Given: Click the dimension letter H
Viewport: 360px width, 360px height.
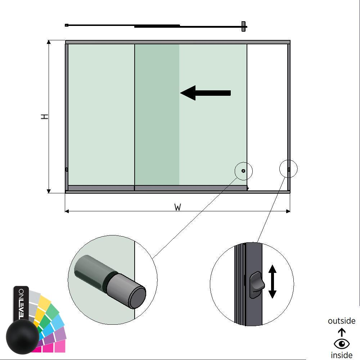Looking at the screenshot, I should (45, 117).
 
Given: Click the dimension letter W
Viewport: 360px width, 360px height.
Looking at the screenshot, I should (177, 207).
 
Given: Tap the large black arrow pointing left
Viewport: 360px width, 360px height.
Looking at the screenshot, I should (205, 93).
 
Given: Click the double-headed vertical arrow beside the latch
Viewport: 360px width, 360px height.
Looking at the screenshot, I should (272, 282).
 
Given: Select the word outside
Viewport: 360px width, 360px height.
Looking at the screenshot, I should (341, 321).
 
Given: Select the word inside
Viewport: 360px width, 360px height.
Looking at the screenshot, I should (341, 355).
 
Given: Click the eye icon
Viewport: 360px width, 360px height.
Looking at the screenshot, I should (341, 344).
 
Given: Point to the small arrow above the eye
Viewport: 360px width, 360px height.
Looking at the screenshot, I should (341, 332).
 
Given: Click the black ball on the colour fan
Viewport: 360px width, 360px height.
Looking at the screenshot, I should (22, 336).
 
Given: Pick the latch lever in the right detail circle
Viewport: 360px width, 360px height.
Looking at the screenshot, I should (257, 284).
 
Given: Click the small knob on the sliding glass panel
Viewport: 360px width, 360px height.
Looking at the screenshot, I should (243, 171).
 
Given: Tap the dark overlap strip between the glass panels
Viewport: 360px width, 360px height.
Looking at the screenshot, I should (157, 114).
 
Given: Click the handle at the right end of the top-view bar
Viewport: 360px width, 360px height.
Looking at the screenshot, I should (244, 26).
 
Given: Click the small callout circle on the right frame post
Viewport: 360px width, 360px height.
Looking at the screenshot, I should (289, 169).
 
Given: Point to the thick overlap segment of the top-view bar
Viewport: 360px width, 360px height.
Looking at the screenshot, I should (157, 26).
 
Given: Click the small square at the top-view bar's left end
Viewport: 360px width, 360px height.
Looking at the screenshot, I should (67, 25).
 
